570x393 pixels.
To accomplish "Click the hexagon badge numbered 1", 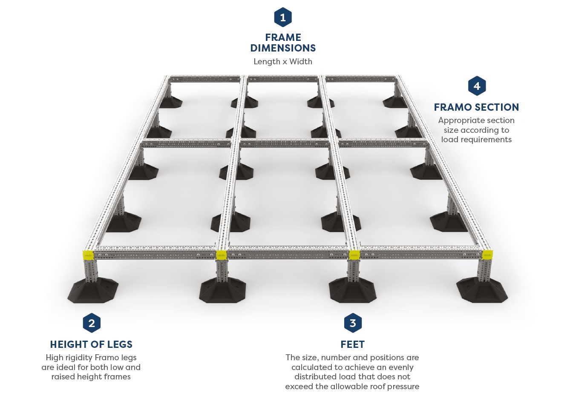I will pyautogui.click(x=283, y=17).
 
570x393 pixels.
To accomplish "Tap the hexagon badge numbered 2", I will pyautogui.click(x=92, y=323).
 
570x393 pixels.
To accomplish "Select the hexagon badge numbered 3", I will pyautogui.click(x=353, y=323).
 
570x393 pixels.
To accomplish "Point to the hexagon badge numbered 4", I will pyautogui.click(x=477, y=86).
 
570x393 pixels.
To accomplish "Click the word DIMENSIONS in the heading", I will pyautogui.click(x=283, y=48).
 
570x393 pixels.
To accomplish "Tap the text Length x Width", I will pyautogui.click(x=283, y=61).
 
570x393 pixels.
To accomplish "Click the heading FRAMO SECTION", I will pyautogui.click(x=476, y=107).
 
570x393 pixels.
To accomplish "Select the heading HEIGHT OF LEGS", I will pyautogui.click(x=91, y=344).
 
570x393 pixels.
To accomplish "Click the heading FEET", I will pyautogui.click(x=353, y=344).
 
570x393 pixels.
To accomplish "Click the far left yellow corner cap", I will pyautogui.click(x=88, y=255).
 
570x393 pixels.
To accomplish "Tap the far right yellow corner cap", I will pyautogui.click(x=487, y=255).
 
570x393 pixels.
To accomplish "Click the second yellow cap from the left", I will pyautogui.click(x=221, y=255).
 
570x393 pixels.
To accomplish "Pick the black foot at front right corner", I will pyautogui.click(x=482, y=290).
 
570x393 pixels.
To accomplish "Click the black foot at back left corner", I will pyautogui.click(x=170, y=102).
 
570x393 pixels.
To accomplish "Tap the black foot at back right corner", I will pyautogui.click(x=395, y=102).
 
